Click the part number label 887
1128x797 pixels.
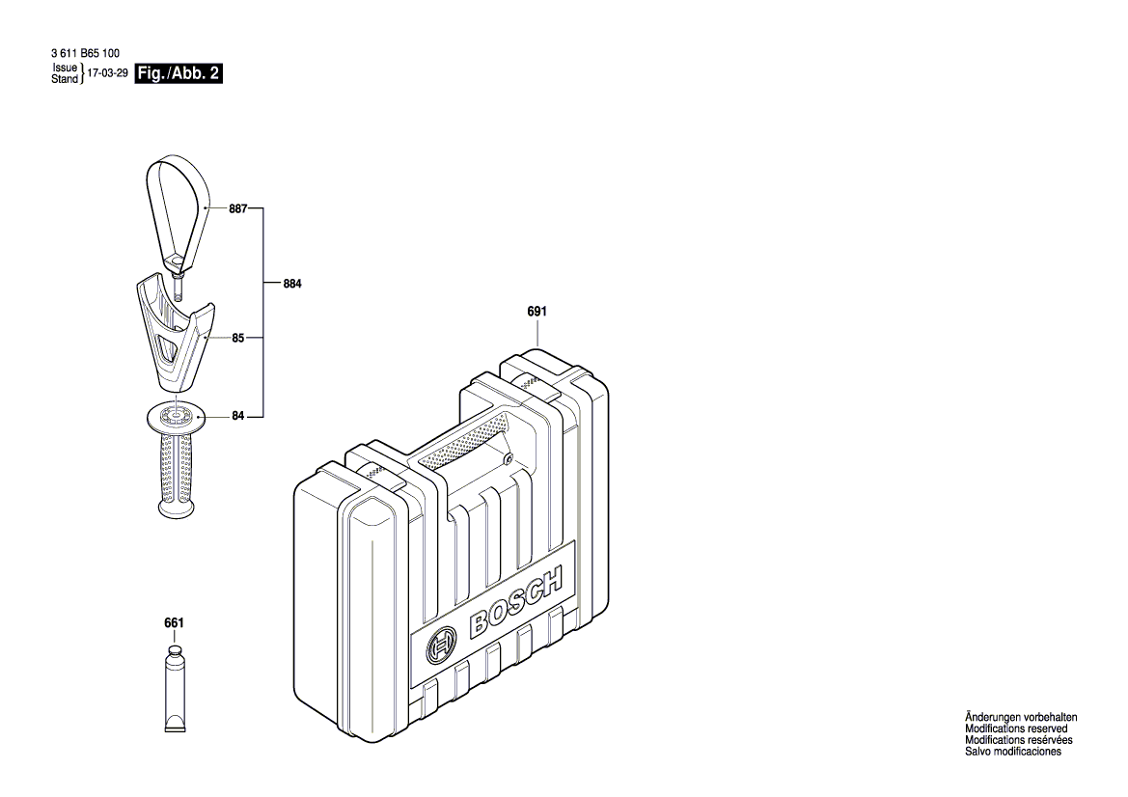(238, 207)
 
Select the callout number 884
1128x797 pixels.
(292, 285)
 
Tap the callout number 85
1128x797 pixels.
(238, 339)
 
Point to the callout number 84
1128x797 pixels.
(238, 416)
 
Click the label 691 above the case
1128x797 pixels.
(537, 312)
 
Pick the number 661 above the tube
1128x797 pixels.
(174, 623)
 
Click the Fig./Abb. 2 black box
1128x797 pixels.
(179, 73)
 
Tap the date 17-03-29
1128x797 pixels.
(107, 73)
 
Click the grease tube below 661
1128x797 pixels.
(174, 690)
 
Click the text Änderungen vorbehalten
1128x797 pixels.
(1021, 718)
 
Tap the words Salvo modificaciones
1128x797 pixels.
(1013, 752)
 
